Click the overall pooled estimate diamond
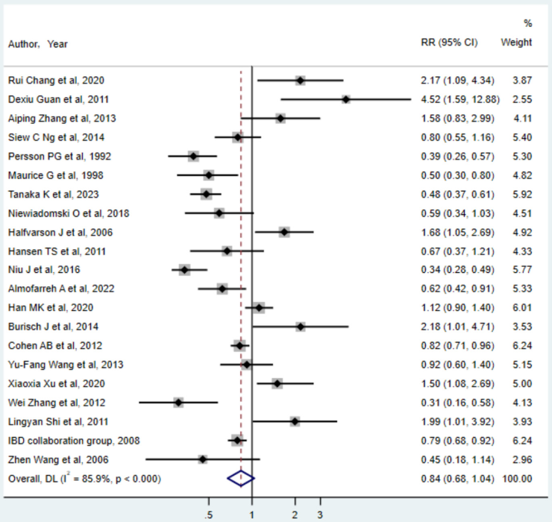(x=241, y=478)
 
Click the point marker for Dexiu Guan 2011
(x=346, y=99)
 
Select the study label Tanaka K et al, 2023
(x=57, y=194)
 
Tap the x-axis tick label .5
(x=209, y=515)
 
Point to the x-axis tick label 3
(x=322, y=515)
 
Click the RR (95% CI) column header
(x=449, y=43)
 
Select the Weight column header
(x=516, y=43)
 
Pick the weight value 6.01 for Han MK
(x=521, y=307)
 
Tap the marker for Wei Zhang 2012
(x=178, y=402)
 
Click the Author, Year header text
(x=37, y=44)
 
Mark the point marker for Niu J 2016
(x=184, y=269)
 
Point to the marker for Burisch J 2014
(x=300, y=327)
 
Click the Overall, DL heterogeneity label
(x=84, y=478)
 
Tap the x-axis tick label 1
(x=252, y=515)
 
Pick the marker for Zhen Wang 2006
(x=202, y=459)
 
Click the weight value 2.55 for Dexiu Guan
(x=521, y=99)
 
